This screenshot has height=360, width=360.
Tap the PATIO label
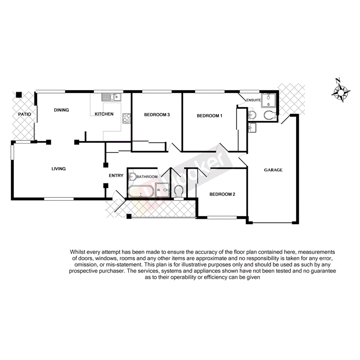click(24, 114)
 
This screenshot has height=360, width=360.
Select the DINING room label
click(61, 110)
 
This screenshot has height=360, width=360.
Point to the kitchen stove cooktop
click(126, 118)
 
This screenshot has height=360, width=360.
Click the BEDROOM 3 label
click(157, 115)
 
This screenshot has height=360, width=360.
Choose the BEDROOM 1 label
click(210, 115)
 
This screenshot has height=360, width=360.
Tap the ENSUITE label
click(254, 100)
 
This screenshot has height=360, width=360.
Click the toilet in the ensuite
click(270, 114)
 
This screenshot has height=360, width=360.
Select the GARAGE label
click(273, 170)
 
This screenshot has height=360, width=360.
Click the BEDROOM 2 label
click(222, 194)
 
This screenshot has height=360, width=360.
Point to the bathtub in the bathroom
click(140, 191)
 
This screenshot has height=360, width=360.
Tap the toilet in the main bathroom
click(178, 191)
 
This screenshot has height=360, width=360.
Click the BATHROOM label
click(147, 177)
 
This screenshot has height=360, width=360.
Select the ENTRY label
click(116, 176)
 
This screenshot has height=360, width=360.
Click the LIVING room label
click(59, 169)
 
